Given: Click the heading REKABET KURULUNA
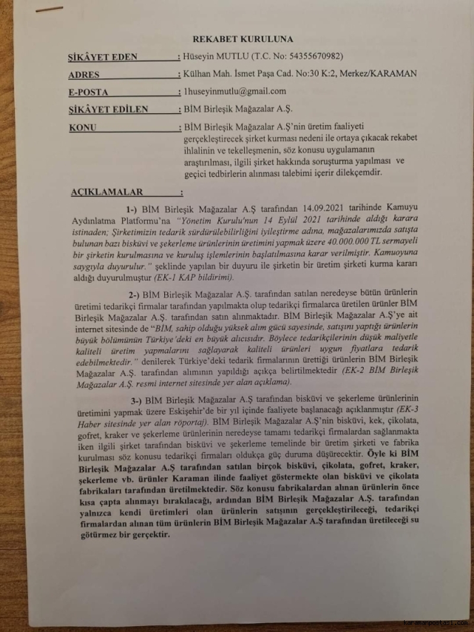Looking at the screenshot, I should tap(243, 40).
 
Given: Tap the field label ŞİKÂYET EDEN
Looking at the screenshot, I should tap(103, 58).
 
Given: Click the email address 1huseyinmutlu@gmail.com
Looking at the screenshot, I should tap(235, 91).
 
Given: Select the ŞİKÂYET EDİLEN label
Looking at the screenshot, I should tap(108, 110).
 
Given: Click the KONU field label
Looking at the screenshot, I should tap(82, 127).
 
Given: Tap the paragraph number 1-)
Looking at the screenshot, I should tap(132, 209).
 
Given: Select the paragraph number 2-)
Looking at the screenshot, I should tap(136, 295).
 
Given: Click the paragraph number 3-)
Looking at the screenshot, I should tap(137, 398).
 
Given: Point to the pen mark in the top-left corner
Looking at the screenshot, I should tap(49, 9).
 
